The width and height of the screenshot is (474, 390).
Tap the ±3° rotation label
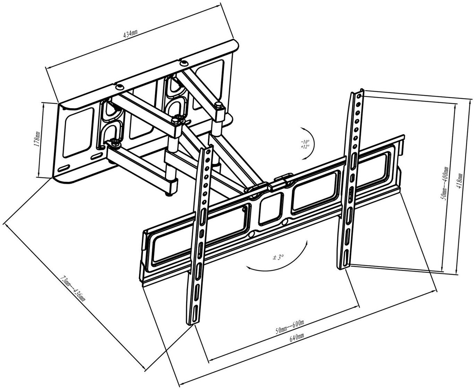278,257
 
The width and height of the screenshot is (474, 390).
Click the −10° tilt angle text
305,142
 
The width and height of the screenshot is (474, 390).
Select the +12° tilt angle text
305,147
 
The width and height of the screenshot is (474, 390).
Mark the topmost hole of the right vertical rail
359,97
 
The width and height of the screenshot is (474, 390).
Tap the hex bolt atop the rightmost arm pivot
218,105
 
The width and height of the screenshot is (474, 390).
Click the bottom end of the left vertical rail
191,323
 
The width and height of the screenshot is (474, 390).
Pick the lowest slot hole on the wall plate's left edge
64,168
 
